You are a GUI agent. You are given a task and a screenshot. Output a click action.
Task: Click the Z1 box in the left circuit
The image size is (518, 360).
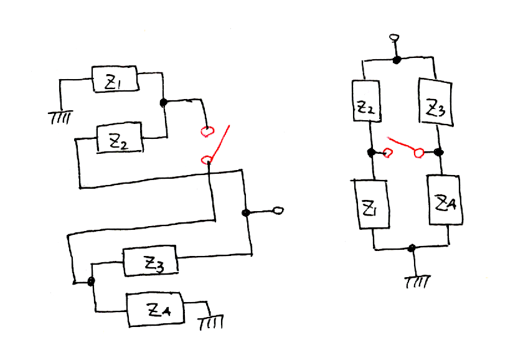tap(115, 79)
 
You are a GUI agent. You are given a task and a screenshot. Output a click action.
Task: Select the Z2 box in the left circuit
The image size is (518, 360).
tap(120, 138)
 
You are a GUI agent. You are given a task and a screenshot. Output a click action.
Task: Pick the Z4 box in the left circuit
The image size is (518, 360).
tap(156, 309)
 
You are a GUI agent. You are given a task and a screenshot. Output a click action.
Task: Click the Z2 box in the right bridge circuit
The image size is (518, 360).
tap(366, 110)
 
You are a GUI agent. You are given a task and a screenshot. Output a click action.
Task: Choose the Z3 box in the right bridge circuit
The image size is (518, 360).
tap(434, 103)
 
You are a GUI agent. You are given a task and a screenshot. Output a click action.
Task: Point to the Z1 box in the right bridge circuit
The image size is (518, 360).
tap(372, 205)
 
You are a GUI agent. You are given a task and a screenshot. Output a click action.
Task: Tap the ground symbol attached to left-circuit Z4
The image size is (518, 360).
tap(210, 323)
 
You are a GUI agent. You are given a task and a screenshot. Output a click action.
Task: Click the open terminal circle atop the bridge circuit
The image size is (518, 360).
tap(393, 39)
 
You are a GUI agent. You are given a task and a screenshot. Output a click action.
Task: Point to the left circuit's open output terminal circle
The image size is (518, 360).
tap(278, 211)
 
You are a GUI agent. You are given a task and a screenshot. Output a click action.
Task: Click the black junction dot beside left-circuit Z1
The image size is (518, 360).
tap(164, 102)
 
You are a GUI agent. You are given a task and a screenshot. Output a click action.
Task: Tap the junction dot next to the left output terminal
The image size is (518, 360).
tap(246, 213)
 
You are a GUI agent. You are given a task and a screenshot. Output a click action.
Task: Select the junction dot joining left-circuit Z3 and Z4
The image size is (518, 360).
tap(92, 282)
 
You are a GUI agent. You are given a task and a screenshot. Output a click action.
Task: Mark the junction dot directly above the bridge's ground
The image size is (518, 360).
tap(412, 249)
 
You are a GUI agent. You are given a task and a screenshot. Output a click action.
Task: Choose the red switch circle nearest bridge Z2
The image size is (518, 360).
tap(387, 152)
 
